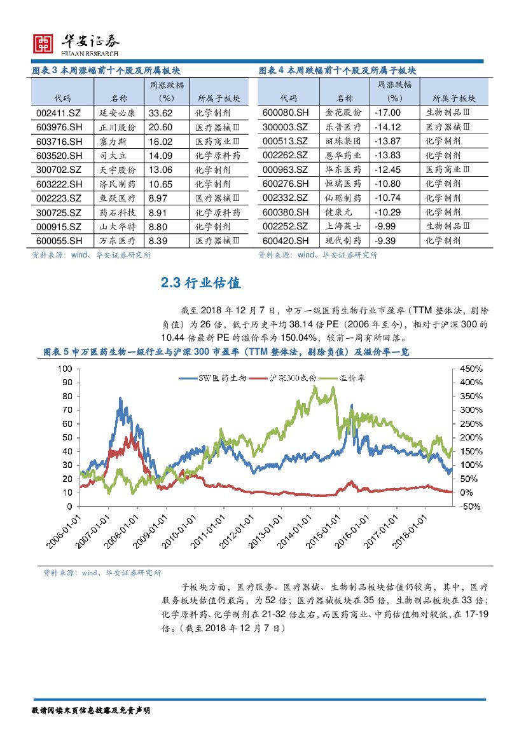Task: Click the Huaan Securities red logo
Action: click(x=43, y=43)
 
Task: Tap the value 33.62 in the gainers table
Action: click(x=160, y=113)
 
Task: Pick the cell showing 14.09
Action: click(x=160, y=155)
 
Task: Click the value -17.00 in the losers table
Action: click(x=387, y=113)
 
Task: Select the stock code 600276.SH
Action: click(x=285, y=184)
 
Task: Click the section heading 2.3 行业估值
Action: click(x=201, y=283)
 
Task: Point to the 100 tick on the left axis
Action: click(x=66, y=369)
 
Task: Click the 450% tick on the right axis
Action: click(x=471, y=369)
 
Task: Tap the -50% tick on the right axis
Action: click(x=471, y=507)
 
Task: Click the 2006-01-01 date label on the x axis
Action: click(x=64, y=533)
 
